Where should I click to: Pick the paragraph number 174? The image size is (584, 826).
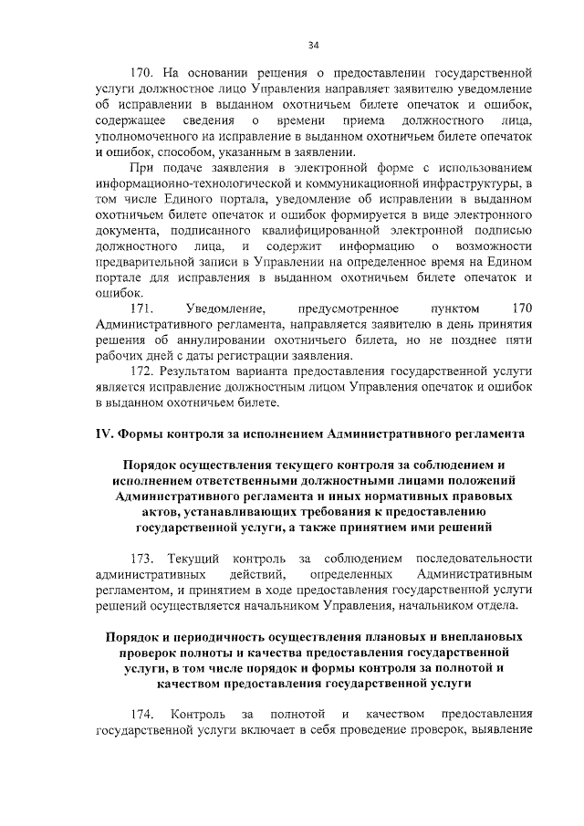pos(144,713)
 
